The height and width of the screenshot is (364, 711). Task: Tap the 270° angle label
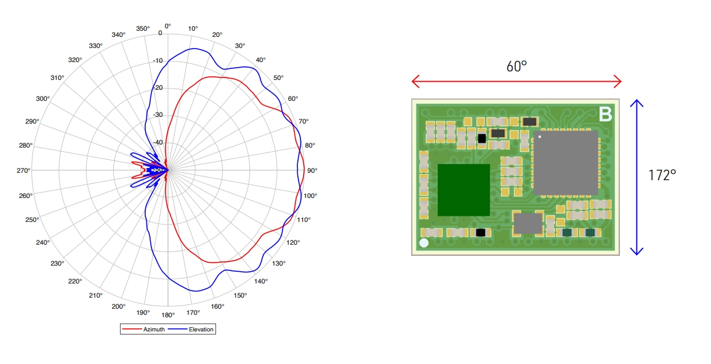coord(23,170)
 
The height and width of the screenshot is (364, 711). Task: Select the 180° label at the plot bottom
coord(168,315)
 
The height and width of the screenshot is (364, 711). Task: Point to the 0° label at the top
coord(167,26)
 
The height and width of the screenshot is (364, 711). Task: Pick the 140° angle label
coord(260,281)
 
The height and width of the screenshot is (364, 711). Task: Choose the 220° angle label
coord(75,281)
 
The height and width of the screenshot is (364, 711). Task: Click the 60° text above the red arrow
coord(516,66)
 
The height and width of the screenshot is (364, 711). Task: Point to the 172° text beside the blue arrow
coord(662,175)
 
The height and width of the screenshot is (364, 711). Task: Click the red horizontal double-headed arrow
coord(516,81)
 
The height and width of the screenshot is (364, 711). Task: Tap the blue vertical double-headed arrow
coord(637,177)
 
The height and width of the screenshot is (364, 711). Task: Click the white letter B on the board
coord(605,114)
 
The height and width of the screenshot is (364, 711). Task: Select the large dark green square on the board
coord(464,189)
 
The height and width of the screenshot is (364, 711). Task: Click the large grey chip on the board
coord(566,162)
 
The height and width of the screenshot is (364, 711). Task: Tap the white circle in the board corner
coord(424,243)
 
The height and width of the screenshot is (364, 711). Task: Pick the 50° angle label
coord(278,77)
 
